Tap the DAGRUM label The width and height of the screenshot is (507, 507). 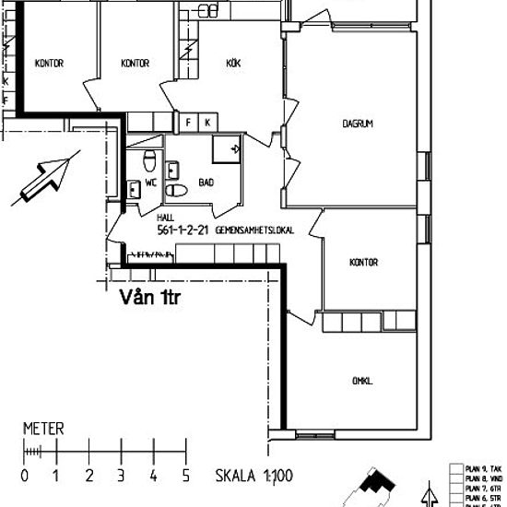[357, 123]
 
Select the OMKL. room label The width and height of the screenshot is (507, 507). [363, 381]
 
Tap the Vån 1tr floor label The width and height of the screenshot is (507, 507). [150, 298]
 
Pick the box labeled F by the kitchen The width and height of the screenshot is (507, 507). [190, 122]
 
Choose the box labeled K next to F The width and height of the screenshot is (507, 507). [207, 122]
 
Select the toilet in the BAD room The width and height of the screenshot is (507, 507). [177, 191]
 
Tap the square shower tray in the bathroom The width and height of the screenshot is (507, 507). [226, 148]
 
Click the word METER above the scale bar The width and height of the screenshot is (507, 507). [43, 430]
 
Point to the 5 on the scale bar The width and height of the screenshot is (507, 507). [187, 476]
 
